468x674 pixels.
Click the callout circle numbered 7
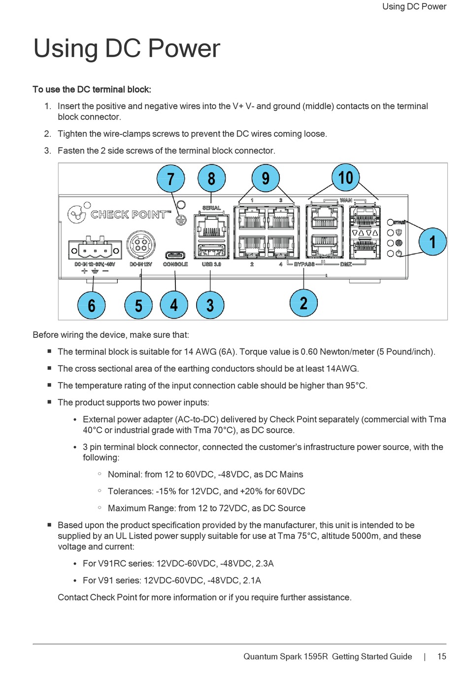pyautogui.click(x=170, y=178)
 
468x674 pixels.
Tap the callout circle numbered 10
pyautogui.click(x=345, y=177)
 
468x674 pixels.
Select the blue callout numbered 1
pyautogui.click(x=433, y=241)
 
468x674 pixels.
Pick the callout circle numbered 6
pyautogui.click(x=92, y=305)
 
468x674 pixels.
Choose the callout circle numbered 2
pyautogui.click(x=303, y=303)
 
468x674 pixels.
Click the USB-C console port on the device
pyautogui.click(x=175, y=255)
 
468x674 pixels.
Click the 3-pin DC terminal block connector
pyautogui.click(x=95, y=249)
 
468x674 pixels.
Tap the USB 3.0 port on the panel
pyautogui.click(x=211, y=251)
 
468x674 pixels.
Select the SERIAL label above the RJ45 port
pyautogui.click(x=211, y=208)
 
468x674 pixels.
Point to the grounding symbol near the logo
pyautogui.click(x=181, y=221)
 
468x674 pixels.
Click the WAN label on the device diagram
pyautogui.click(x=346, y=200)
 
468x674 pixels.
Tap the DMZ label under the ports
pyautogui.click(x=346, y=264)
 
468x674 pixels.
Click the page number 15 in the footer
pyautogui.click(x=441, y=656)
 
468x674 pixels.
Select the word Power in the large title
pyautogui.click(x=184, y=48)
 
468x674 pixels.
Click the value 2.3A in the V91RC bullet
pyautogui.click(x=265, y=563)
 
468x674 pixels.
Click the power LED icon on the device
pyautogui.click(x=399, y=254)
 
